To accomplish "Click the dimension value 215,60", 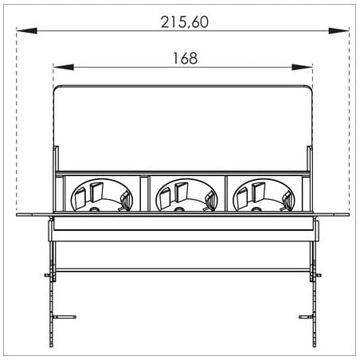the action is click(x=185, y=22).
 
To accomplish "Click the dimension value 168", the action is click(x=185, y=58).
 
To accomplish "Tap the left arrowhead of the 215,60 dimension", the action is click(x=26, y=30).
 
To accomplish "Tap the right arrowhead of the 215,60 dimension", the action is click(x=338, y=30).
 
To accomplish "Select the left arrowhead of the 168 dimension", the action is click(x=64, y=67).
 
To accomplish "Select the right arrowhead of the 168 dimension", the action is click(x=302, y=67).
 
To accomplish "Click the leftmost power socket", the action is click(x=101, y=195).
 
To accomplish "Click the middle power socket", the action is click(x=186, y=195).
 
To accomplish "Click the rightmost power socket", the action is click(x=264, y=195).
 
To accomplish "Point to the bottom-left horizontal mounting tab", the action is click(x=65, y=317).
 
